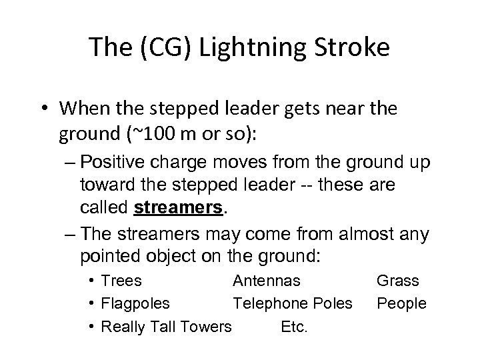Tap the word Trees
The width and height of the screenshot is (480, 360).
[x=121, y=280]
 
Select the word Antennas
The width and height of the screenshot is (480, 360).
[x=267, y=280]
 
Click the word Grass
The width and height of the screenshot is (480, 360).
[x=398, y=280]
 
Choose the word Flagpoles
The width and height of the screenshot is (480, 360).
[x=135, y=303]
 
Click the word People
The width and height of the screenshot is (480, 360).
[x=401, y=303]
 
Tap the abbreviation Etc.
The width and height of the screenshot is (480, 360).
[x=294, y=327]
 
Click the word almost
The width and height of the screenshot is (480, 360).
[x=367, y=234]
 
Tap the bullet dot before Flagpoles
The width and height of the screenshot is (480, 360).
[x=91, y=304]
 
